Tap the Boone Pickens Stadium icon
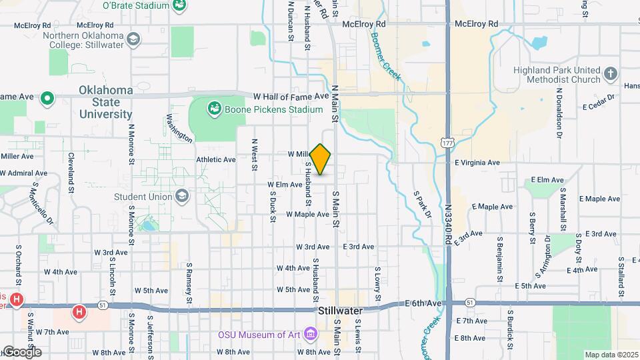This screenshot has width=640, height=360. tap(215, 107)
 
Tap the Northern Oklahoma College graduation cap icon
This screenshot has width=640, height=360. tap(134, 39)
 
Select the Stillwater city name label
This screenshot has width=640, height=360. tap(340, 311)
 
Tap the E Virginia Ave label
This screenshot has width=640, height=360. tap(477, 163)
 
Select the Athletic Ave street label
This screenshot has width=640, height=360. tap(216, 160)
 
